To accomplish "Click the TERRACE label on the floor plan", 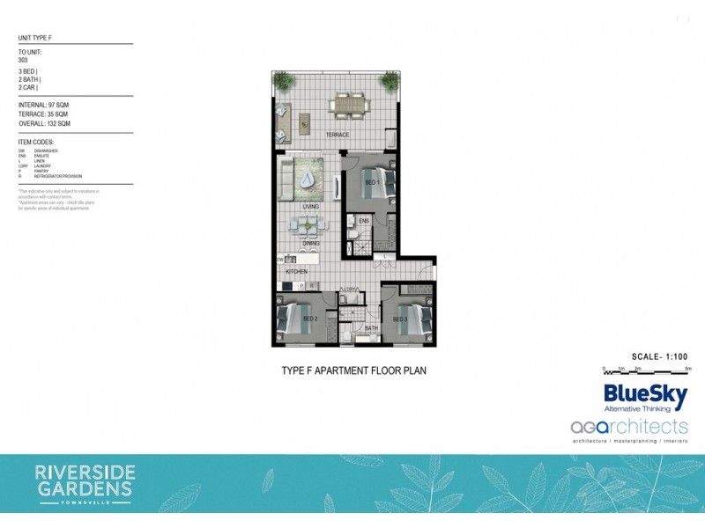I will (338, 135).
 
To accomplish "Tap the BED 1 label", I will (372, 182).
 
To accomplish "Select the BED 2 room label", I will (309, 319).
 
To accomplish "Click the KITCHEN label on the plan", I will (295, 273).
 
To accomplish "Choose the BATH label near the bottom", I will (371, 328).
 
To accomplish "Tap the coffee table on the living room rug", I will (307, 179).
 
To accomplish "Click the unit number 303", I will (24, 61).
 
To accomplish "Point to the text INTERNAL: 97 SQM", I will (45, 106).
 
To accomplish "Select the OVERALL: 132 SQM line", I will (45, 123).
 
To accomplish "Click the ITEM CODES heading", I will (36, 141).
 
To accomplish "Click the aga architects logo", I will (628, 427).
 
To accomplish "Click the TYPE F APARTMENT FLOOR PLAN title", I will (353, 370).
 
